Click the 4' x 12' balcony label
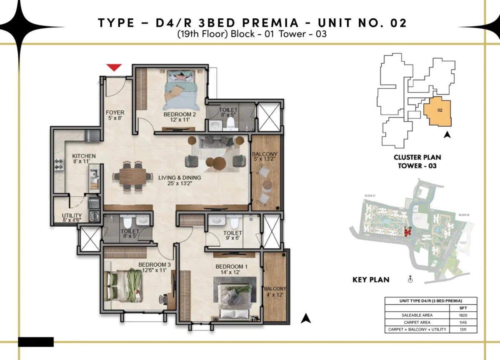click(x=275, y=292)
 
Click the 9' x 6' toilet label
click(x=232, y=236)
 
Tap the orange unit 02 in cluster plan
click(x=437, y=111)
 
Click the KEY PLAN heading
click(x=371, y=280)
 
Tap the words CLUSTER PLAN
click(x=417, y=157)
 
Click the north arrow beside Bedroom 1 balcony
click(x=306, y=318)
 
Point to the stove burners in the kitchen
click(x=57, y=163)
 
